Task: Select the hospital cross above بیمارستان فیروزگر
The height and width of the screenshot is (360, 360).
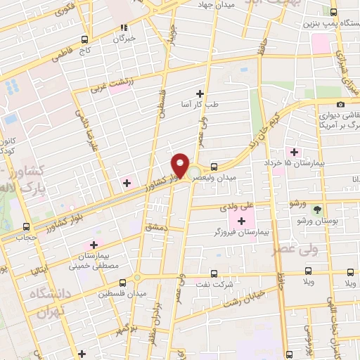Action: (241, 221)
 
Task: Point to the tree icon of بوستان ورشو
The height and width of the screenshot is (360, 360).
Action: (316, 210)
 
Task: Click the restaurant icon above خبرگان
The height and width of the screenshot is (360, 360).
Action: (124, 28)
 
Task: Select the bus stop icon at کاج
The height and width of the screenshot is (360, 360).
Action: (84, 39)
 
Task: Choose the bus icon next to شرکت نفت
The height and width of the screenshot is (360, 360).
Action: (215, 274)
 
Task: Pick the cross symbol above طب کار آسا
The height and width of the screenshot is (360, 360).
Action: (200, 93)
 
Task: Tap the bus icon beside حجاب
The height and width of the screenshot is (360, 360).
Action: (26, 226)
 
